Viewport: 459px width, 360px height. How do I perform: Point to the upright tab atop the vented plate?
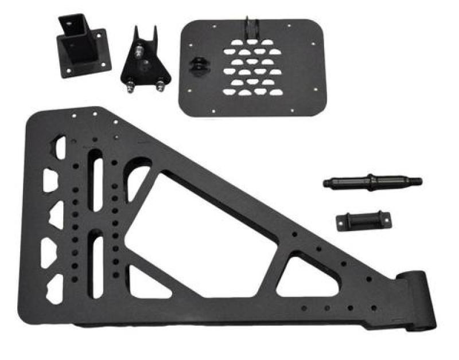(251, 29)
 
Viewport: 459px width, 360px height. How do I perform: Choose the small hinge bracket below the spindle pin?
(363, 220)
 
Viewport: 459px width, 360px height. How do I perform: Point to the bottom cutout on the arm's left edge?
(55, 288)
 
